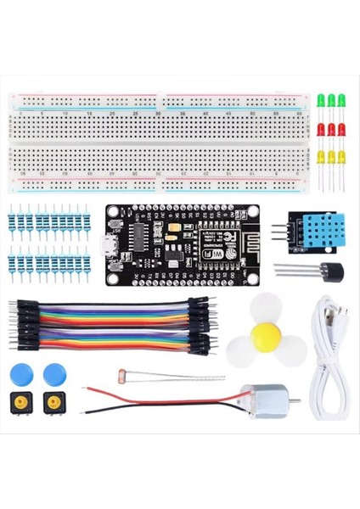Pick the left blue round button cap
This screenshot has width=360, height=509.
pyautogui.click(x=21, y=373)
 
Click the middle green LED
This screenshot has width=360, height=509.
pyautogui.click(x=331, y=100)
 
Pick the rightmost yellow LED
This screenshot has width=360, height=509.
pyautogui.click(x=341, y=157)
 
